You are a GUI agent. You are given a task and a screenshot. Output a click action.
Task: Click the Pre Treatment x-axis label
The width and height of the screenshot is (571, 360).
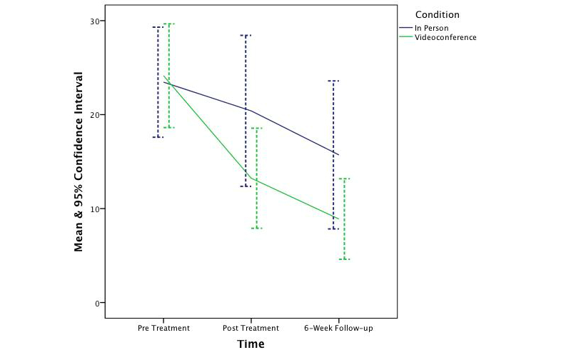pos(164,329)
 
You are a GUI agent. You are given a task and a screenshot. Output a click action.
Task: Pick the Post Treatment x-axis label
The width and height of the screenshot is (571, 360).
pos(251,329)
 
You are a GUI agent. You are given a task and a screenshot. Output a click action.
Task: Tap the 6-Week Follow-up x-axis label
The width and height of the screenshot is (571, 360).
pos(338,329)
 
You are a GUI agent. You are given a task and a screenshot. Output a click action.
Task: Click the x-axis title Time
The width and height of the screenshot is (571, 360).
pos(251,344)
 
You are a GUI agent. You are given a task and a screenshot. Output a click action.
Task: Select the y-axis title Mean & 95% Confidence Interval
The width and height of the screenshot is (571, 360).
pos(79,161)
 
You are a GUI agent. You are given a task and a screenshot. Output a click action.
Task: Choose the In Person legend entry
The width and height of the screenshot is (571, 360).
pos(433,28)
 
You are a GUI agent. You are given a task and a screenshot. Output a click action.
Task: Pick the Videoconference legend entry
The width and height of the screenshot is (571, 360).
pos(445,37)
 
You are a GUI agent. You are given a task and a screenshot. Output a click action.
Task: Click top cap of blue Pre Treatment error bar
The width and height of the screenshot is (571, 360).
pos(158,27)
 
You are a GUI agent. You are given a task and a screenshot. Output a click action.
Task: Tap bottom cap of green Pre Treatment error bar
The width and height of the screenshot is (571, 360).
pos(169,128)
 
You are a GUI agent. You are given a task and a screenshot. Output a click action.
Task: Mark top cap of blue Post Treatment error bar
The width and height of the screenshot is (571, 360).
pos(246,35)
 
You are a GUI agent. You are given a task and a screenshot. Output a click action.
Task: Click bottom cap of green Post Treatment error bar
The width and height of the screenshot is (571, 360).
pos(256,228)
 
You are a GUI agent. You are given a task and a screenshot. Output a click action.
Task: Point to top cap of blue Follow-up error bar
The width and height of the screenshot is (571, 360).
pos(333,81)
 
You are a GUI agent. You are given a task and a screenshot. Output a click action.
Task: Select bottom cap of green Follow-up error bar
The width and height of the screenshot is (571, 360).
pos(344,259)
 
